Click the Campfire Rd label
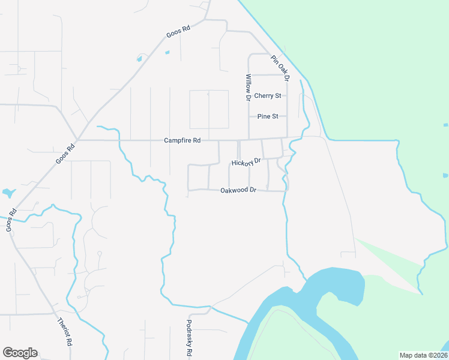click(182, 140)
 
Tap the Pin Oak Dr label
click(280, 68)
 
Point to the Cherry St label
click(268, 96)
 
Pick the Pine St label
click(268, 116)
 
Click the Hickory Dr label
click(247, 162)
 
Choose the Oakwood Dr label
click(238, 190)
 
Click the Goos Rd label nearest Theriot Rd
click(10, 220)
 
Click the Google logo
click(20, 353)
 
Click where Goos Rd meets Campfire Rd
click(79, 140)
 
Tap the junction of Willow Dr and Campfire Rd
click(249, 139)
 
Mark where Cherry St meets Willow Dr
click(249, 96)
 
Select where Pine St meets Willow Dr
click(249, 116)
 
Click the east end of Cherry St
click(287, 96)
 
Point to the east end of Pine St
click(287, 116)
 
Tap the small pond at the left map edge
click(8, 193)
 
